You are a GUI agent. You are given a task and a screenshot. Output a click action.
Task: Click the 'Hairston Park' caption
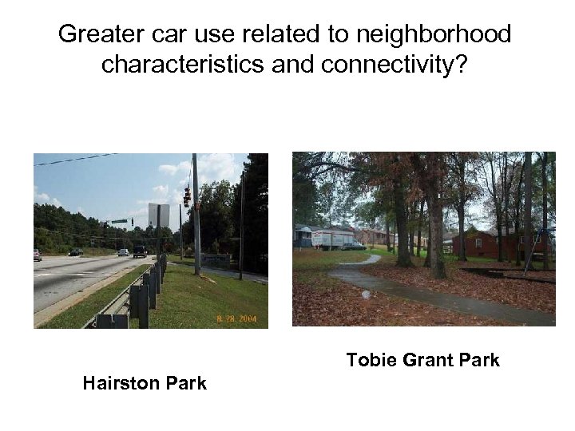[145, 383]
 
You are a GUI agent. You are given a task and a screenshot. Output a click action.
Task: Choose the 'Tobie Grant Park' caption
[422, 360]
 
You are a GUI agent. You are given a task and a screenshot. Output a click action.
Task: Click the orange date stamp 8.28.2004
[237, 318]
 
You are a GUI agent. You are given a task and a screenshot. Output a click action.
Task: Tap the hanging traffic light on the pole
[187, 196]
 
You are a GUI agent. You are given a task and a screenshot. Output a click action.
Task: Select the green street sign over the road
[119, 221]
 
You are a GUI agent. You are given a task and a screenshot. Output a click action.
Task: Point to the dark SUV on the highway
[140, 251]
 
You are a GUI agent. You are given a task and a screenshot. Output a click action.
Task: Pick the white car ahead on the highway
[123, 252]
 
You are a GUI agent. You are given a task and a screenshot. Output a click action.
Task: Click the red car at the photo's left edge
[37, 255]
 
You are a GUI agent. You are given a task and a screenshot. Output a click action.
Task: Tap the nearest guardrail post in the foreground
[143, 307]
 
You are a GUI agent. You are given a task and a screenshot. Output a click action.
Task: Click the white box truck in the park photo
[331, 238]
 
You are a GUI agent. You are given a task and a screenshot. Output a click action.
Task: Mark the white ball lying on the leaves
[366, 295]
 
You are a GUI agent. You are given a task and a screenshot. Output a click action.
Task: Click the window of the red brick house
[478, 242]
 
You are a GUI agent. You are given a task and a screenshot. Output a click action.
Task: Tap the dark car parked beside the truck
[352, 246]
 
